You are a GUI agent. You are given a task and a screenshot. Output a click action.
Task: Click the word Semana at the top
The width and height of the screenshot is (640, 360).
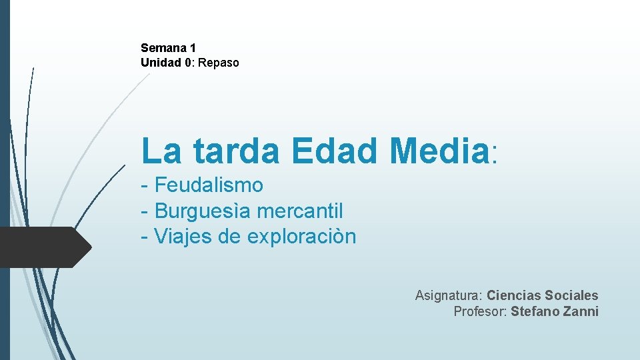tap(163, 48)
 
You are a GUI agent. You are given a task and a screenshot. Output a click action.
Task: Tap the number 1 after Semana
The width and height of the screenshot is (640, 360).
tap(193, 48)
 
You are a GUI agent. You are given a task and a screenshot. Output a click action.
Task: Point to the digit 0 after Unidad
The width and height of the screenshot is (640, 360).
tap(188, 63)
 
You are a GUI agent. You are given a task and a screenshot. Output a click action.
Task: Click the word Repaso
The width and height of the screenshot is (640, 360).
tap(218, 63)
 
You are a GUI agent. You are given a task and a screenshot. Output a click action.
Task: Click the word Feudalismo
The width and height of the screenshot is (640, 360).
tap(209, 185)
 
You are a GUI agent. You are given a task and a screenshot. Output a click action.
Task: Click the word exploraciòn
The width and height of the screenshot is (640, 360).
tap(301, 237)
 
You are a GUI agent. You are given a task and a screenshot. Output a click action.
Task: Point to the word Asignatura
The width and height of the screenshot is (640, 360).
tap(448, 295)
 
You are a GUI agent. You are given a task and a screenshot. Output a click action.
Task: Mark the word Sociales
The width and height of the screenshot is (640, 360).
tap(571, 295)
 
